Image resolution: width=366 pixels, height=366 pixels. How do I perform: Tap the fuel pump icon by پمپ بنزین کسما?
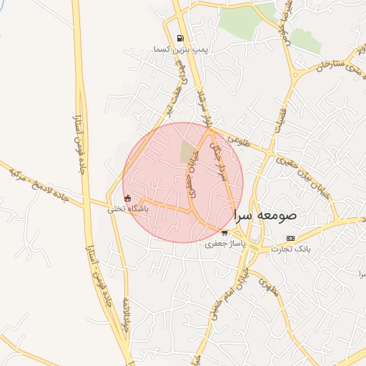click(x=179, y=39)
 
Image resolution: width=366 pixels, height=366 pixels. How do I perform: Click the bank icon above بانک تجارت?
click(x=290, y=237)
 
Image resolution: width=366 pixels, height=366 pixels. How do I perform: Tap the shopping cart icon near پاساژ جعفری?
click(x=224, y=233)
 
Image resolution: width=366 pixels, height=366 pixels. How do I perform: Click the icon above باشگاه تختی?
click(x=127, y=198)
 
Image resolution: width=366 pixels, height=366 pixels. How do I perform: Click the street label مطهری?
click(x=267, y=287)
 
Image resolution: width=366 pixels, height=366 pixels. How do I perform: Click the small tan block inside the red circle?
click(x=188, y=152)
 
